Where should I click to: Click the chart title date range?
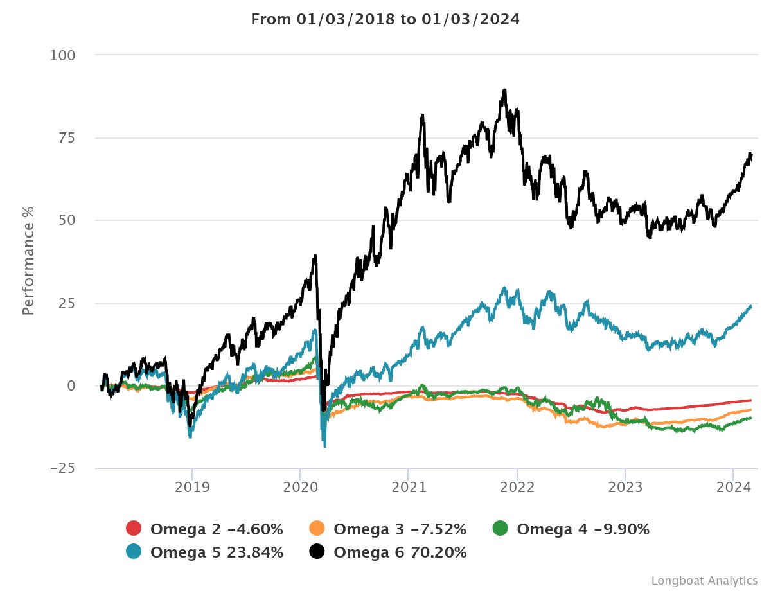click(385, 19)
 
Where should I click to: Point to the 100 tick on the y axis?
click(62, 55)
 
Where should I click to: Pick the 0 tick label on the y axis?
click(71, 385)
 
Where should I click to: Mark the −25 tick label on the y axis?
click(62, 468)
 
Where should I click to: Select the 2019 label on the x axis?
click(191, 488)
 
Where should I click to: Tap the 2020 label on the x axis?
click(300, 488)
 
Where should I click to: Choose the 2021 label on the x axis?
click(409, 488)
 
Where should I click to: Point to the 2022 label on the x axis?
click(517, 488)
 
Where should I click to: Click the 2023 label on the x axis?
click(625, 488)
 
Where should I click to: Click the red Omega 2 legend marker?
click(134, 529)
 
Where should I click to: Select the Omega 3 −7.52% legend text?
click(400, 529)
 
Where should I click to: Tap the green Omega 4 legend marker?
click(500, 529)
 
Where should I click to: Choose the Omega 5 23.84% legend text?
click(217, 552)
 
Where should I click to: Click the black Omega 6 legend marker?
click(317, 552)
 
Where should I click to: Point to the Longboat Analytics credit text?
click(704, 580)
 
